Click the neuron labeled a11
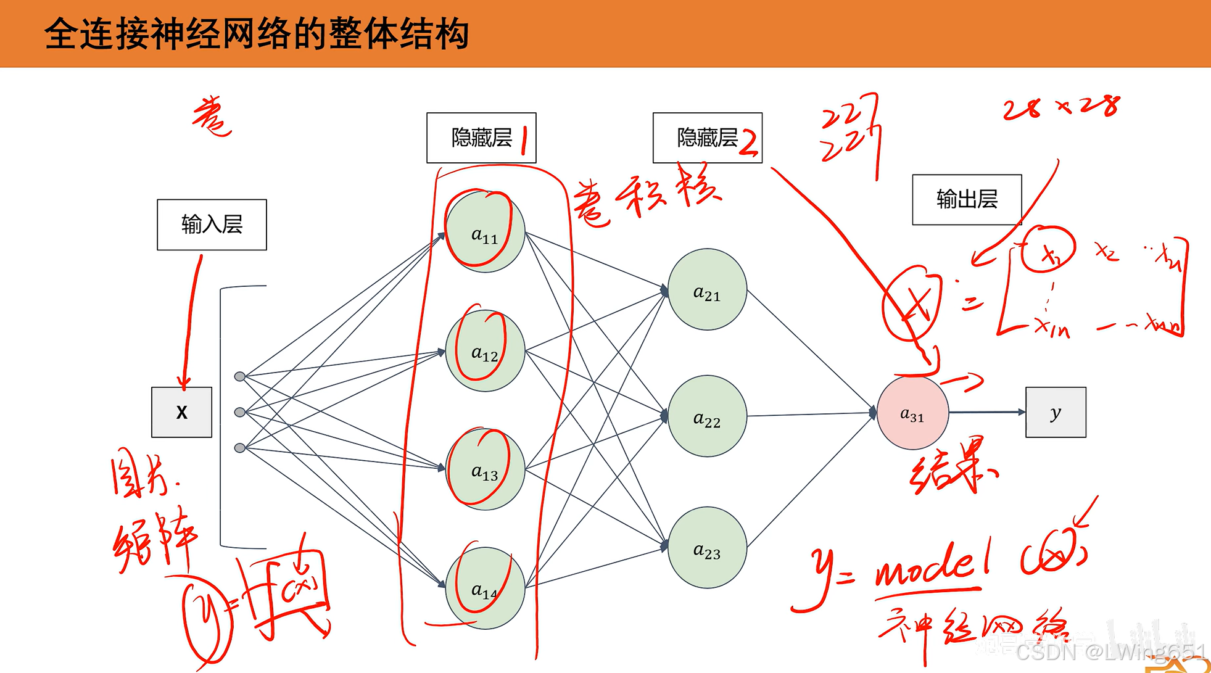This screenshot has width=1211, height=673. click(485, 232)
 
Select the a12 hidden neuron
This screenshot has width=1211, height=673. click(485, 351)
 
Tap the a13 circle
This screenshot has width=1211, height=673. click(485, 469)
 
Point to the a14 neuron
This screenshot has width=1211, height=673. click(485, 588)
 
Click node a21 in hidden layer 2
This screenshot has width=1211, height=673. click(707, 289)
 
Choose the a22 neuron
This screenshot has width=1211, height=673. click(707, 416)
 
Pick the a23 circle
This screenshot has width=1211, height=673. click(707, 548)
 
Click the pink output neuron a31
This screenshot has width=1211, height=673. click(912, 413)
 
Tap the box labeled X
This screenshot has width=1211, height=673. click(181, 412)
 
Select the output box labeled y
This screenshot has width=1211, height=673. click(1056, 412)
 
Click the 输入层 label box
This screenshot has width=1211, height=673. click(212, 225)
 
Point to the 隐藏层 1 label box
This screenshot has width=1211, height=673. click(481, 138)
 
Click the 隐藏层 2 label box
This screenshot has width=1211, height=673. click(707, 138)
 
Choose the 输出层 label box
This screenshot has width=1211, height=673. click(967, 199)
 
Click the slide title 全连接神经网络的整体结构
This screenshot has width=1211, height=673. click(257, 33)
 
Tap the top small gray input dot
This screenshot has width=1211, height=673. click(240, 376)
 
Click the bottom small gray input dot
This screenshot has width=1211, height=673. click(240, 448)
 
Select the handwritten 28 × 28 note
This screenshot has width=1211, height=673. click(1061, 107)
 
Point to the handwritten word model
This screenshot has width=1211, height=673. click(932, 566)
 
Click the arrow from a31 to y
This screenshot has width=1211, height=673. click(987, 412)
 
